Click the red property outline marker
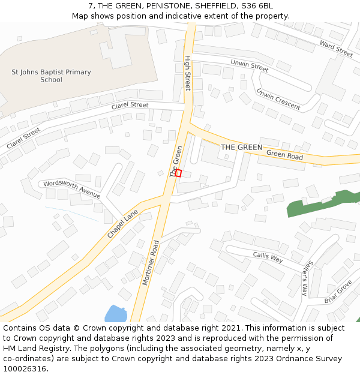coord(178,173)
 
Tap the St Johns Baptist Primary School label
coord(52,76)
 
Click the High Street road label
coord(187,73)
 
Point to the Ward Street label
coord(336,49)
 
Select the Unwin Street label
coord(249,65)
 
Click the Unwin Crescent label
coord(278,99)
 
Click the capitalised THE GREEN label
coord(241,147)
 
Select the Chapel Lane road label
coord(122,224)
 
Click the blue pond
coord(115,314)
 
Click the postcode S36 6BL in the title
coord(257,6)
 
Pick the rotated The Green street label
coord(176,161)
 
